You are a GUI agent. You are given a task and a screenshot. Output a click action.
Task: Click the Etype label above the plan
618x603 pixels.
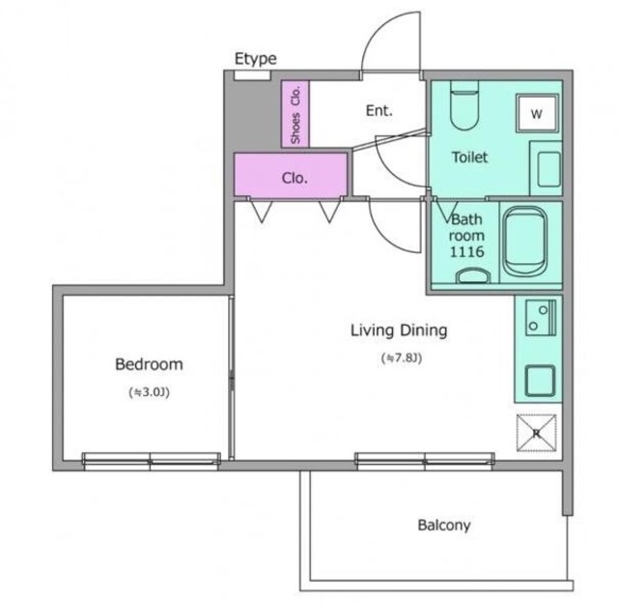click(x=255, y=59)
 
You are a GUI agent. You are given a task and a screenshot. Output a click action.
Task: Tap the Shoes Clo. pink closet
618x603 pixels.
click(x=295, y=114)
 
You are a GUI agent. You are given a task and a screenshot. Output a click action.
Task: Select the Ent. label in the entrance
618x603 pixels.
click(x=379, y=111)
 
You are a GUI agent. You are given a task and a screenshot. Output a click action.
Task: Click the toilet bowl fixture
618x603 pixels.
click(x=464, y=105)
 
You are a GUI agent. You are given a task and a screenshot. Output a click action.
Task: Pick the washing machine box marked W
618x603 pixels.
click(x=537, y=114)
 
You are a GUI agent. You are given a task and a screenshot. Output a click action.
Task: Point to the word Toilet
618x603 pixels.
click(x=469, y=158)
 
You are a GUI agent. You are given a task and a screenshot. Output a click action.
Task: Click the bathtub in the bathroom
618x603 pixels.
click(x=525, y=242)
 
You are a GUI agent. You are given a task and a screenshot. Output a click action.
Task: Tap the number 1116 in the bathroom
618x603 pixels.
click(x=466, y=251)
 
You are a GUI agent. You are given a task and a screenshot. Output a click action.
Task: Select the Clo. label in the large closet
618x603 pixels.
click(x=295, y=178)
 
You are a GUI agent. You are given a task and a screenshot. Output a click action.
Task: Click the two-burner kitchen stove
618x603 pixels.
click(x=540, y=318)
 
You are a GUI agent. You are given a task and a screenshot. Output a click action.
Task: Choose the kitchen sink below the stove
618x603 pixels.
click(x=541, y=381)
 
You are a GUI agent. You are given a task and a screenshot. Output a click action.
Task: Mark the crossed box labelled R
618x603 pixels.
click(x=537, y=433)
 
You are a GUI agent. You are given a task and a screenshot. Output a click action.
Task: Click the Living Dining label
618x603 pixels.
click(x=399, y=330)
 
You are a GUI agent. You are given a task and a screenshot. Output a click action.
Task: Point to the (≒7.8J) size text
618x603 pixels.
click(x=402, y=359)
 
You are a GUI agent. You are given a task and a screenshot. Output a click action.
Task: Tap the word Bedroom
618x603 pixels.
click(x=149, y=364)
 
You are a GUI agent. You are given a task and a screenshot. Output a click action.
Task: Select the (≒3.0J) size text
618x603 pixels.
click(x=149, y=392)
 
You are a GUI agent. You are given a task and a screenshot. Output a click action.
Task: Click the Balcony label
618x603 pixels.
click(x=444, y=526)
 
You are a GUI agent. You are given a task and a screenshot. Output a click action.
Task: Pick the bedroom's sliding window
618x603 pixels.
click(x=151, y=461)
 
